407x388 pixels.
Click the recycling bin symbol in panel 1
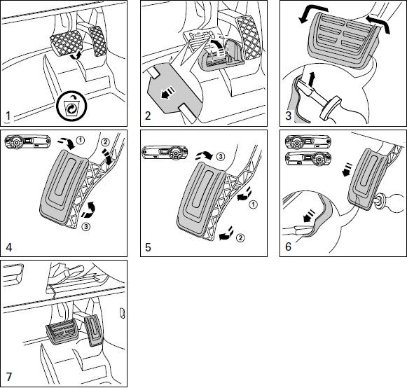point(71,106)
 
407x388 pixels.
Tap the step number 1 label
point(8,116)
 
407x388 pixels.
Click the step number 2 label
point(148,116)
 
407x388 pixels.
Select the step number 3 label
point(288,116)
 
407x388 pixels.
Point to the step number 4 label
point(9,247)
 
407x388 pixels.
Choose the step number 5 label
point(148,247)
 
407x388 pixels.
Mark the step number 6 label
point(288,247)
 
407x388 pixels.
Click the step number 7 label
point(9,377)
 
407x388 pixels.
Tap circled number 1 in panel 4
point(81,140)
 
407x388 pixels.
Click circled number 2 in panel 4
point(105,142)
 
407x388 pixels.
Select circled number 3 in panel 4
point(86,227)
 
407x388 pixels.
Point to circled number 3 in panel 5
point(220,156)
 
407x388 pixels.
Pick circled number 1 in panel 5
point(254,205)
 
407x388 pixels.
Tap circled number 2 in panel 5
point(240,237)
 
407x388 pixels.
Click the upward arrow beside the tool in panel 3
point(311,79)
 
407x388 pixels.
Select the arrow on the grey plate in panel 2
point(167,93)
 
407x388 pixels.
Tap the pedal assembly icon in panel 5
point(165,153)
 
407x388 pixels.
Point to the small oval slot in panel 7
point(123,313)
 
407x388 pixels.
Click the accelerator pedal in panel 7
point(94,331)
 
